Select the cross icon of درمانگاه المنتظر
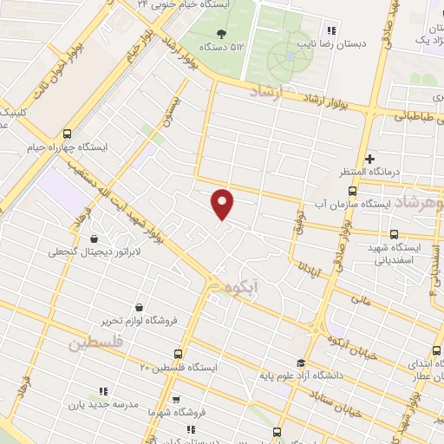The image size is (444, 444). (369, 159)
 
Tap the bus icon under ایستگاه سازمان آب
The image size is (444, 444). (395, 233)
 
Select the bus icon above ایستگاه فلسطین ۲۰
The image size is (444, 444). (178, 354)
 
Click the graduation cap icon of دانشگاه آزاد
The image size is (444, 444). (300, 363)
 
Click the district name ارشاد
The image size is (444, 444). (267, 92)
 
